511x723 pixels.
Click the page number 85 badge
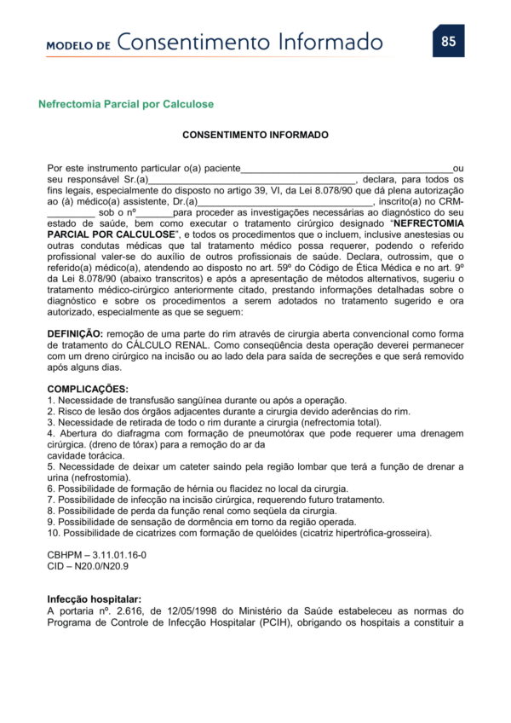[449, 41]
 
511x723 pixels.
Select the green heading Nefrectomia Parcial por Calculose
[126, 104]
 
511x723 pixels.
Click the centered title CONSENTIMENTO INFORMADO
[255, 135]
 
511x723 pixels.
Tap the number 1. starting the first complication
[51, 400]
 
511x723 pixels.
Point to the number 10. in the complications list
[54, 533]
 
